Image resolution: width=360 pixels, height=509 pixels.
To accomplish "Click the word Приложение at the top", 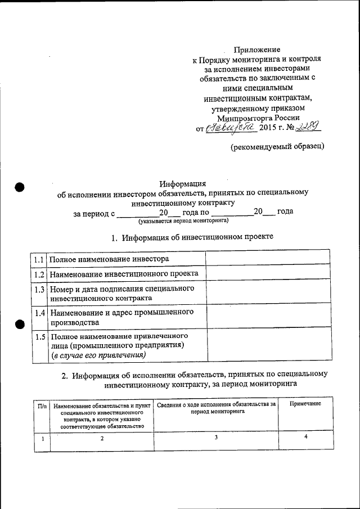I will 256,49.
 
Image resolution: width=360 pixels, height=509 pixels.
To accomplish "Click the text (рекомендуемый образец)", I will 277,147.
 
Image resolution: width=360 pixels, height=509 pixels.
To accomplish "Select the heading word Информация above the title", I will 183,183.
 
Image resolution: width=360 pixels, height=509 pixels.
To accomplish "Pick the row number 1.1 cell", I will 38,259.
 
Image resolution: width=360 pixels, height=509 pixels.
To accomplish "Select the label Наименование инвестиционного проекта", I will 124,274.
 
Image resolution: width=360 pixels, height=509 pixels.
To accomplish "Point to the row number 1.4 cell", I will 38,312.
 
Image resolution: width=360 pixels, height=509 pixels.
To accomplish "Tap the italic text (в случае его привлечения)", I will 98,355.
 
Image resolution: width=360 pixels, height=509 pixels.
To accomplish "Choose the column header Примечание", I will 305,404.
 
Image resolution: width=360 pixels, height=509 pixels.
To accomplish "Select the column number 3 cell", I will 216,438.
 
